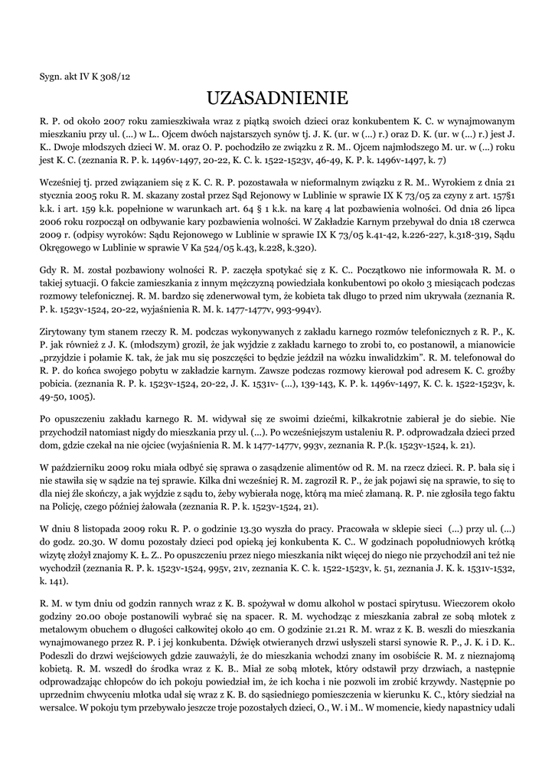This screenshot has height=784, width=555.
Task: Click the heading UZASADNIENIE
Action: click(x=277, y=98)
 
